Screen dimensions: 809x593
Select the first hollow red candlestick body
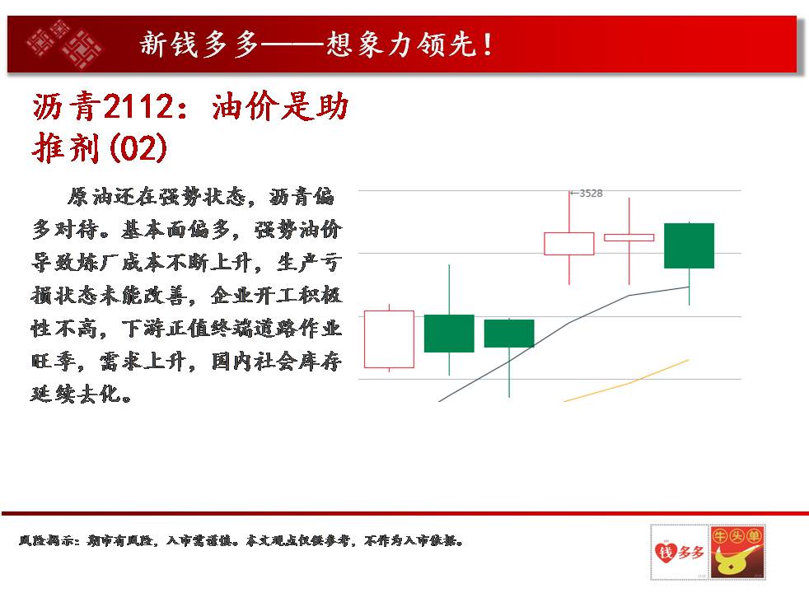pos(389,311)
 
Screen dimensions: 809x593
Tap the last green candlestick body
pos(689,245)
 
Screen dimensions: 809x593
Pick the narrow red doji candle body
pos(629,238)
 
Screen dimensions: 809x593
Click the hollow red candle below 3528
pos(569,233)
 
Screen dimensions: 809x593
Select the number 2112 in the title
pos(138,107)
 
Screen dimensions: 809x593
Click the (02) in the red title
pos(138,148)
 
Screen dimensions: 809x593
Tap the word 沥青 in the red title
pos(67,107)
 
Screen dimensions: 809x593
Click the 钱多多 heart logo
pos(680,553)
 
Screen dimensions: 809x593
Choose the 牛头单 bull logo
pos(737,553)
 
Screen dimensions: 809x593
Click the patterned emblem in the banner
pos(64,44)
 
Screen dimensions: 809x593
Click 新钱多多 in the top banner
pos(199,44)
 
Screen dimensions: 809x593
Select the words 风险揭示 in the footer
pos(45,540)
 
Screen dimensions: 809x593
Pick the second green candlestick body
pos(509,334)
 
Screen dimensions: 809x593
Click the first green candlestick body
pos(449,334)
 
